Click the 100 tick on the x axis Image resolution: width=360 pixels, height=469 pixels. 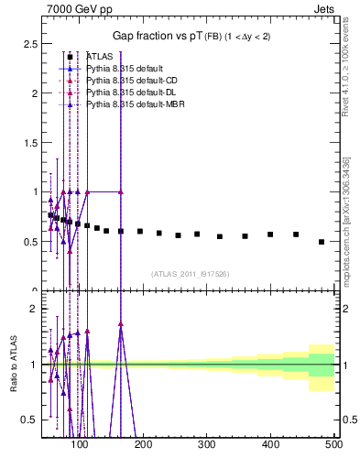[81, 445]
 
